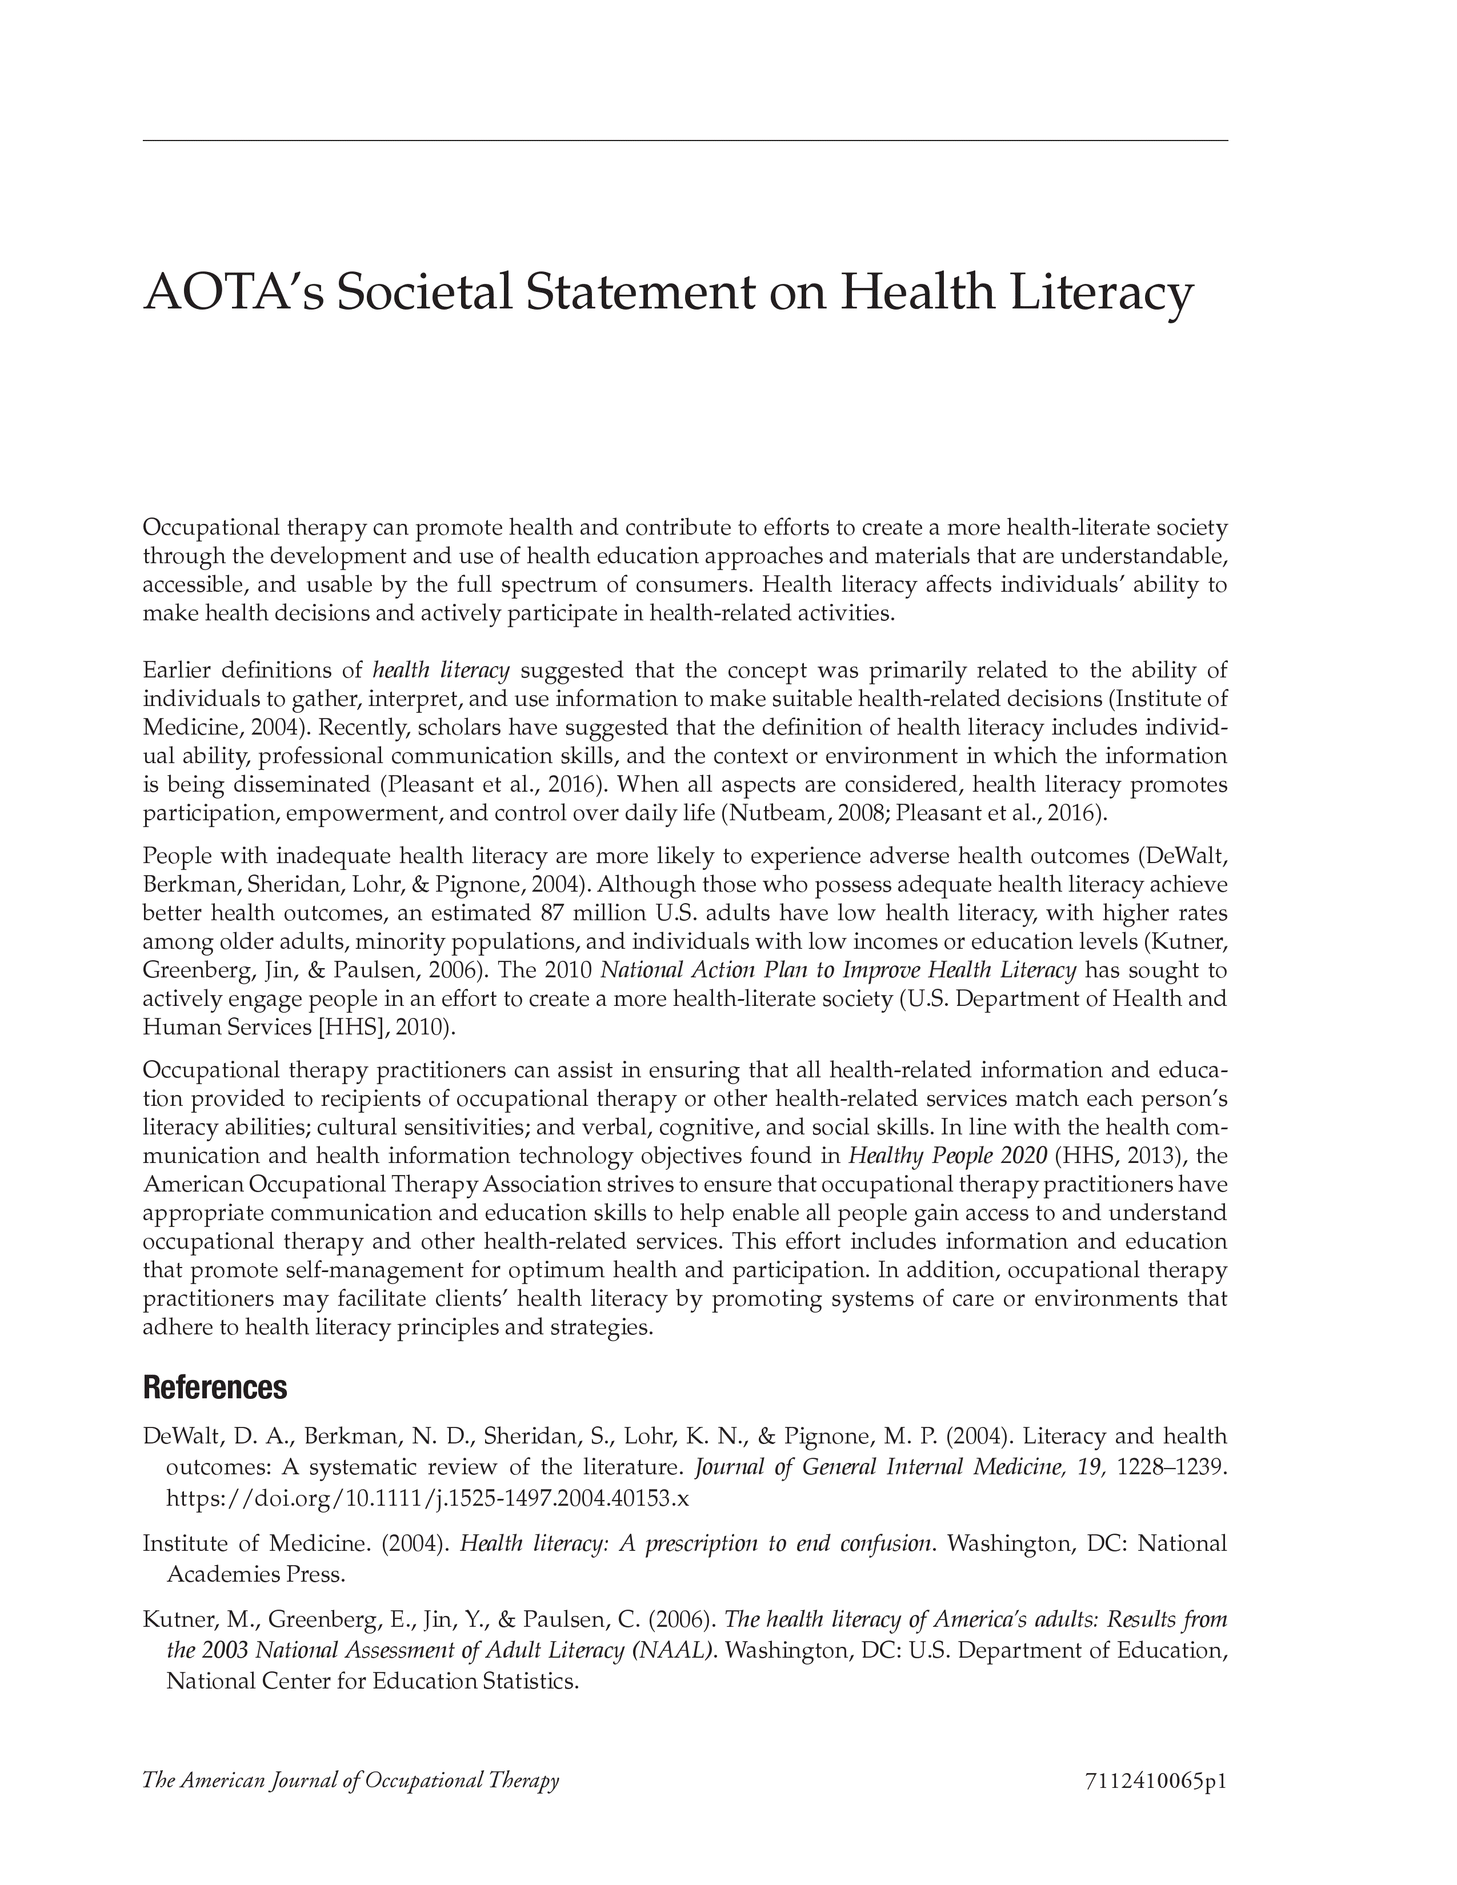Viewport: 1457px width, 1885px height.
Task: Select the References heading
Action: coord(214,1388)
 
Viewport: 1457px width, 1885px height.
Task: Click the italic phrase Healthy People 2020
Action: coord(947,1156)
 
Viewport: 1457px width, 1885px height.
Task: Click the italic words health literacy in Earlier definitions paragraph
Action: coord(441,671)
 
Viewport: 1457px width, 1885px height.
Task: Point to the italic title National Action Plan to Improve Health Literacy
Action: coord(837,970)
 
